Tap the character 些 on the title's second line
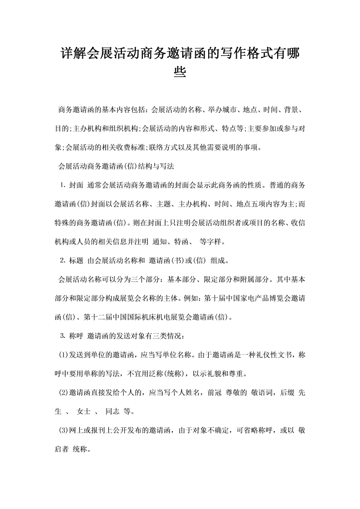[180, 74]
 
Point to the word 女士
[86, 412]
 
